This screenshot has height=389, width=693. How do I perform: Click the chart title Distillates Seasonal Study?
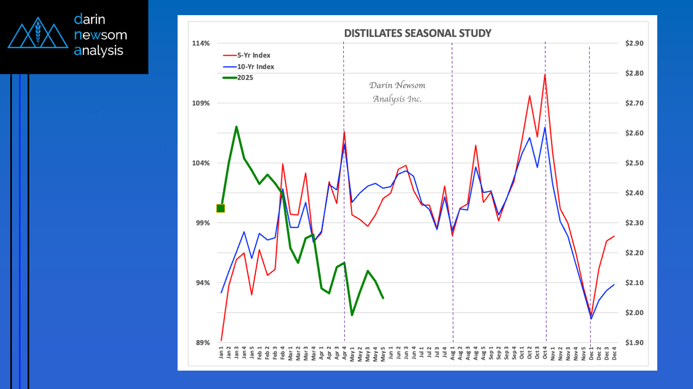point(417,34)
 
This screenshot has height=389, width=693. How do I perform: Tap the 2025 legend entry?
point(245,77)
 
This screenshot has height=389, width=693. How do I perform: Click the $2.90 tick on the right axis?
point(633,43)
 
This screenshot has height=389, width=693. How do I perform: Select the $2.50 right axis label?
point(633,163)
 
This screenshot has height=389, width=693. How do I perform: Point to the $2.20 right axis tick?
point(633,253)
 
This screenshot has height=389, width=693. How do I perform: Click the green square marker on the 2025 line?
point(221,208)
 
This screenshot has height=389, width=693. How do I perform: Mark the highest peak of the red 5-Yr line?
point(545,75)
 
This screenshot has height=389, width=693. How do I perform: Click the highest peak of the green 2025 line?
point(236,127)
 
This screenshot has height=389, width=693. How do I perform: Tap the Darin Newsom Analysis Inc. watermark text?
point(397,92)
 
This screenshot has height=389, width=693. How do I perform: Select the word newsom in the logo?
point(100,35)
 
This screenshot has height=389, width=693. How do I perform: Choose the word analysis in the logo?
point(99,51)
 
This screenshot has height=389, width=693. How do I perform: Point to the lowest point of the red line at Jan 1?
point(221,340)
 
